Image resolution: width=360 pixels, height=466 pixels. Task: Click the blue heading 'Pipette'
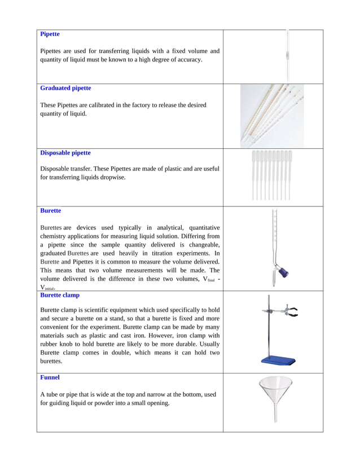50,34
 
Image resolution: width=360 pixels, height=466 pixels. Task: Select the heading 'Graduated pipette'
65,88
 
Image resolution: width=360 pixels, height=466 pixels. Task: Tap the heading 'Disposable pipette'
65,153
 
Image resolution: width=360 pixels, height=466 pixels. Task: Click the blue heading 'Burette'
51,210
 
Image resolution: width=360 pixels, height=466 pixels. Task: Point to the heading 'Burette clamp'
60,295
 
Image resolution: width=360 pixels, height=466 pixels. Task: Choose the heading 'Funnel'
50,377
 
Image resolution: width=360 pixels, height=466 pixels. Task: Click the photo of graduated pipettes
273,116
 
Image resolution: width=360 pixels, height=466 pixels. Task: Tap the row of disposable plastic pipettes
271,175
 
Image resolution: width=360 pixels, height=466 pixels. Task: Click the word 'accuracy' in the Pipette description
187,59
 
